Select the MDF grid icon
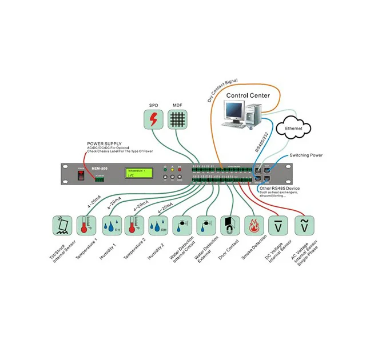pos(178,119)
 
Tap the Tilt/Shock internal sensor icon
pos(62,226)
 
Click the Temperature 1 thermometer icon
pos(85,226)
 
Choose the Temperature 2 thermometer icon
pos(134,226)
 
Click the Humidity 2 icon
pos(158,226)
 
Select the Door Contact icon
pos(230,226)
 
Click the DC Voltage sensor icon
pos(278,226)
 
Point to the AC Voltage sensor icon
pos(304,226)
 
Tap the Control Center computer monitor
pos(234,110)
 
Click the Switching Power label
pos(306,155)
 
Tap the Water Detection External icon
pos(206,226)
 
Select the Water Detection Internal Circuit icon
pos(182,226)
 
